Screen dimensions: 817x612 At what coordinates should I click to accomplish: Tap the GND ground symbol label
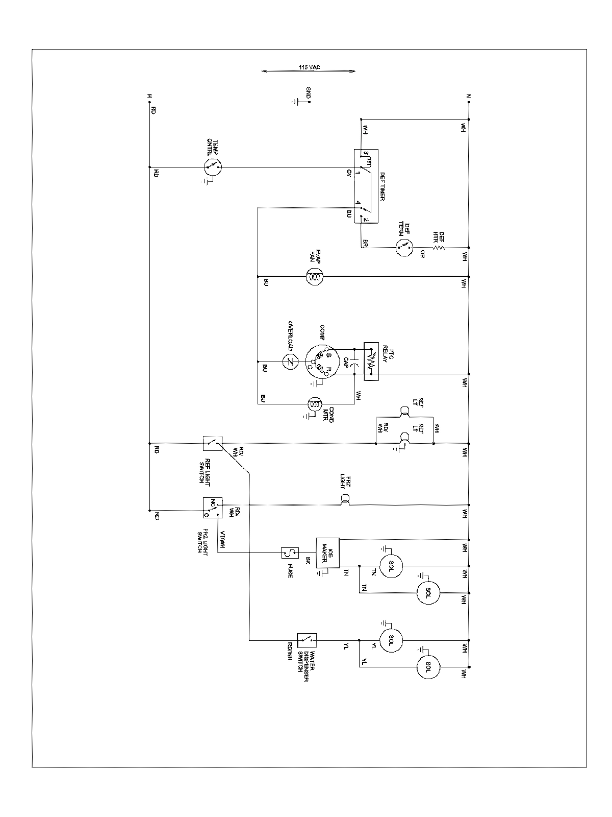(x=308, y=92)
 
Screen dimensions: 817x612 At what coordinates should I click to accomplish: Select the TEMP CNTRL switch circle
(x=213, y=167)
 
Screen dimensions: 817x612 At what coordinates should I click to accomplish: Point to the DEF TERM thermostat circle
(x=403, y=248)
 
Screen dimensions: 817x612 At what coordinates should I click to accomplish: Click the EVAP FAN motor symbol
(x=315, y=277)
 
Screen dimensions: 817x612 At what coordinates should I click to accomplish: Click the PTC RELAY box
(x=371, y=361)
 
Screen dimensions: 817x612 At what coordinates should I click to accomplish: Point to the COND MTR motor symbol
(x=315, y=404)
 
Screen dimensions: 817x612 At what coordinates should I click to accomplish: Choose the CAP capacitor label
(x=345, y=363)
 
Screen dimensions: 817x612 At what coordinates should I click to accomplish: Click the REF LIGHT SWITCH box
(x=212, y=443)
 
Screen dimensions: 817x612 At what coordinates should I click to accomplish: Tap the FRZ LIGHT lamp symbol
(x=345, y=500)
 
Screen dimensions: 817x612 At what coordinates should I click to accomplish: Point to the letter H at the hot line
(x=149, y=96)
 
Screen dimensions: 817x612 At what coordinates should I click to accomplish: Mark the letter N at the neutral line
(x=468, y=96)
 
